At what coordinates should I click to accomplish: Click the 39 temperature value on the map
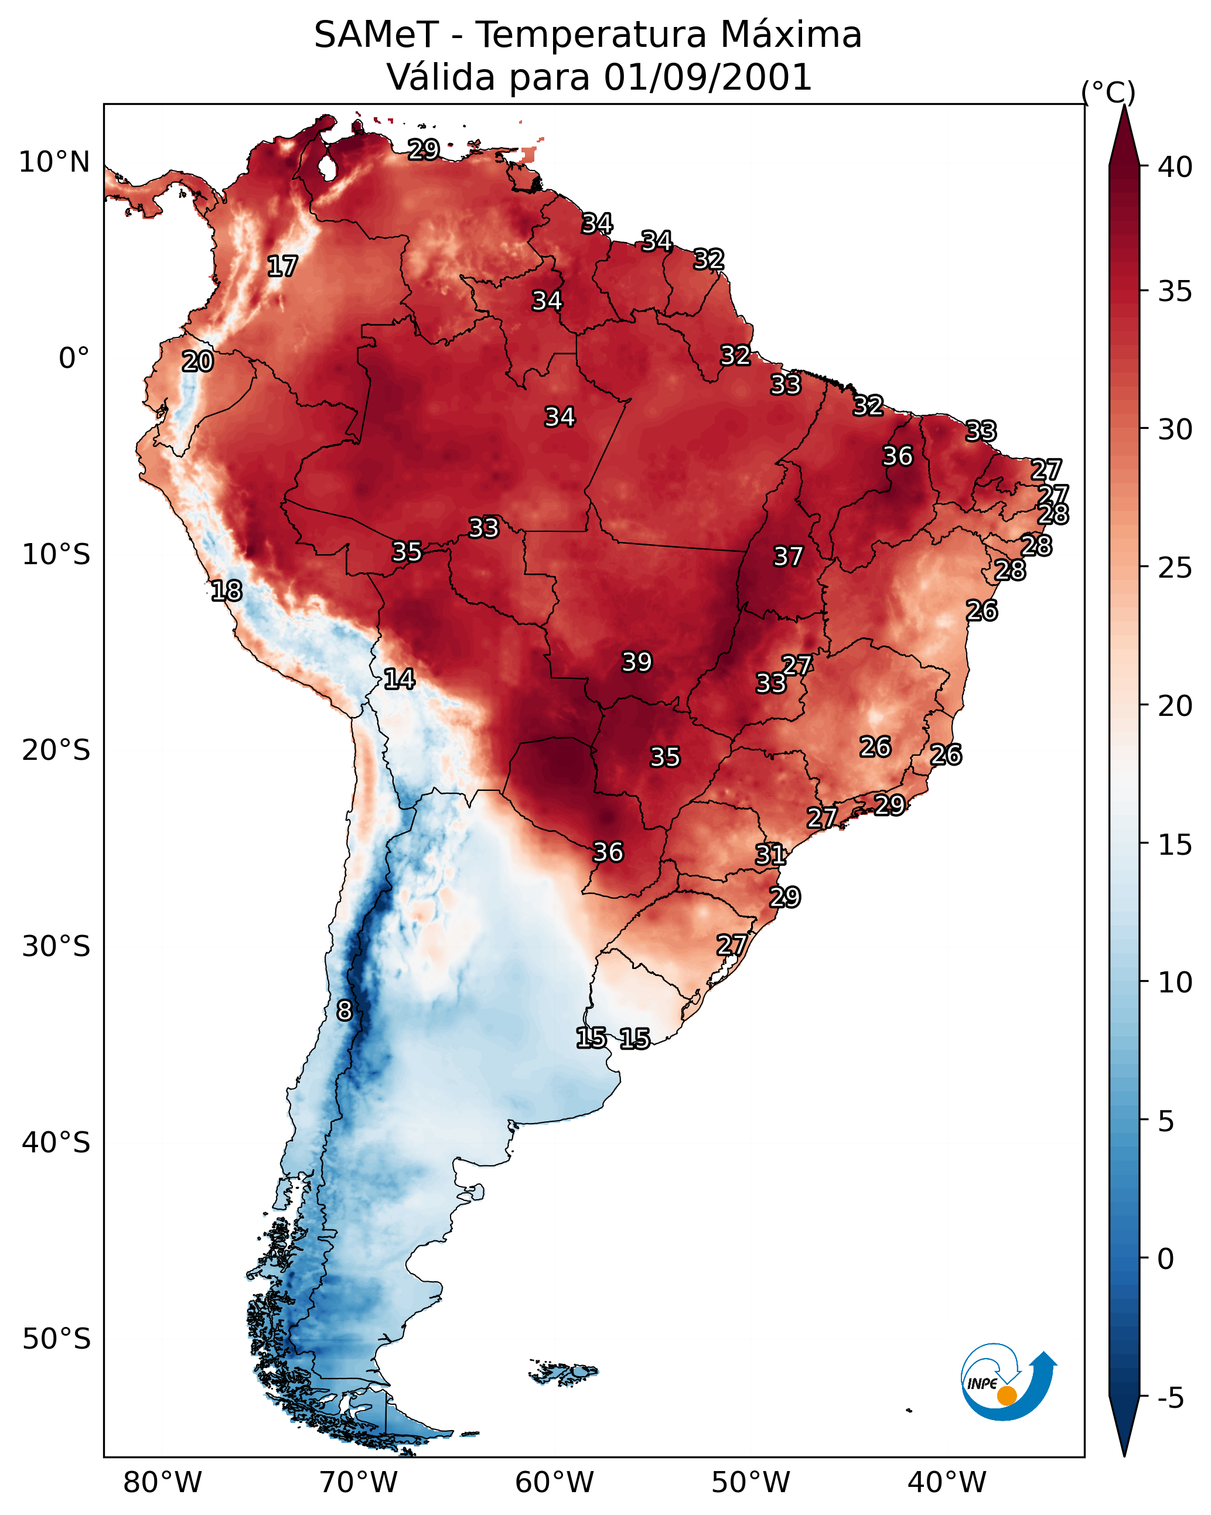click(x=637, y=662)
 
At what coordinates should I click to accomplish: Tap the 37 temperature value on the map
click(x=788, y=557)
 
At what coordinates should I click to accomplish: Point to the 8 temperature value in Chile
click(x=344, y=1011)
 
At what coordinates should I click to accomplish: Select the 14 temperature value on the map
click(x=398, y=679)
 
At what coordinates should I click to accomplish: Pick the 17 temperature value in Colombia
click(x=282, y=267)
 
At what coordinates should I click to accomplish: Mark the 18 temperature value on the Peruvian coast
click(x=226, y=591)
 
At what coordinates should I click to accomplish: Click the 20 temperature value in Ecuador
click(x=197, y=362)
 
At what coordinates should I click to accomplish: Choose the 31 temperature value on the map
click(x=770, y=855)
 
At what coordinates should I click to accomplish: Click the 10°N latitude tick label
click(x=54, y=162)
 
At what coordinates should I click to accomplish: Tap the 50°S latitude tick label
click(x=56, y=1339)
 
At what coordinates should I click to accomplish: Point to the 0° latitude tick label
click(x=74, y=359)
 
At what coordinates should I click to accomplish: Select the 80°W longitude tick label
click(x=162, y=1483)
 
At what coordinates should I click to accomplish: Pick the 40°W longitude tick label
click(x=947, y=1483)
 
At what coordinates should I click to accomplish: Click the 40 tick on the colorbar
click(x=1175, y=167)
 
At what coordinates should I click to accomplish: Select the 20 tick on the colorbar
click(x=1175, y=705)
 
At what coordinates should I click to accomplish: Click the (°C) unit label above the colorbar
click(x=1108, y=92)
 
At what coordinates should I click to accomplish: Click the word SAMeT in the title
click(x=376, y=35)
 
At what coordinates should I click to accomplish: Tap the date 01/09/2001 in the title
click(x=708, y=77)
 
